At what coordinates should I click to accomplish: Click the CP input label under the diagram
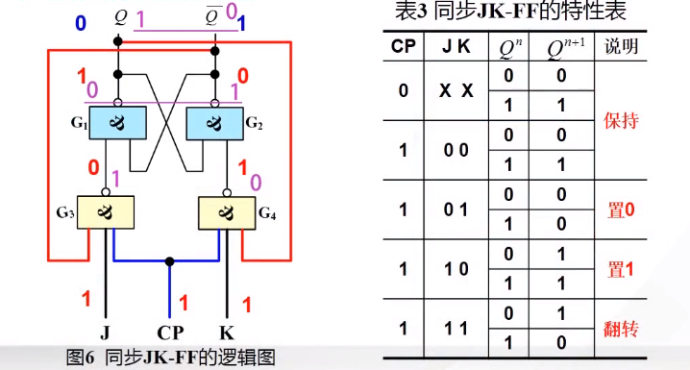[x=170, y=333]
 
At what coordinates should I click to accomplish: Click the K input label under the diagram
[x=227, y=333]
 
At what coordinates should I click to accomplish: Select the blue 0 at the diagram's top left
[x=80, y=20]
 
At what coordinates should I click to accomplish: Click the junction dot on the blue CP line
[x=170, y=260]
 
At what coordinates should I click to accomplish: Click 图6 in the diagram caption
[x=79, y=358]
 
